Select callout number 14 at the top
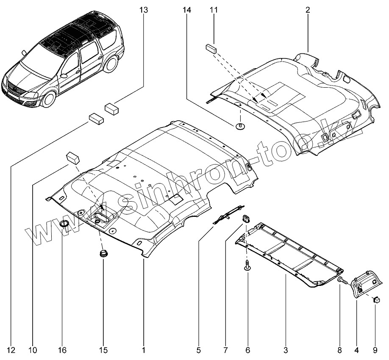point(187,9)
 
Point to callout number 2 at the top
point(308,9)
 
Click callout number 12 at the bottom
point(11,350)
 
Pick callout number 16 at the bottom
point(62,350)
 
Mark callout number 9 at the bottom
point(375,350)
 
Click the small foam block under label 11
point(211,47)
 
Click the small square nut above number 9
point(375,299)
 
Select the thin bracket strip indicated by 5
point(228,216)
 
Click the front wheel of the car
point(49,99)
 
